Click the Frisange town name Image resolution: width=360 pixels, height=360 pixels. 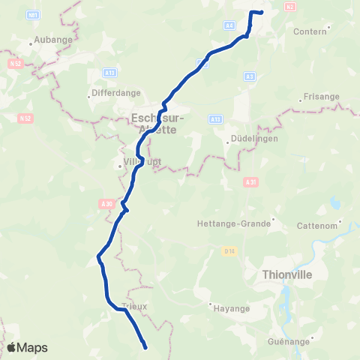pos(321,97)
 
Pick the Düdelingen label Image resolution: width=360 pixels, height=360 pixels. pos(251,139)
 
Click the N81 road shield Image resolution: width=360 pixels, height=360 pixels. pos(32,15)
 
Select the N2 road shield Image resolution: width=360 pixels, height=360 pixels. pos(289,7)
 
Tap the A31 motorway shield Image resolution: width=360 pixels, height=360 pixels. pos(250,181)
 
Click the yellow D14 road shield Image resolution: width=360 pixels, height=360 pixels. pos(231,250)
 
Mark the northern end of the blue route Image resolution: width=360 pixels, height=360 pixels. pos(261,12)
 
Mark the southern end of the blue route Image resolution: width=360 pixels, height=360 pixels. pos(144,346)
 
